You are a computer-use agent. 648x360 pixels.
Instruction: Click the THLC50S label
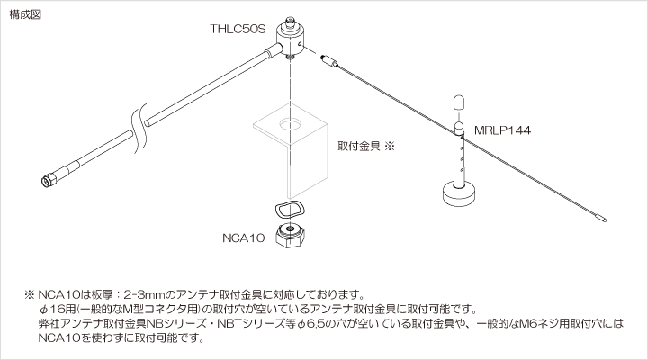click(238, 30)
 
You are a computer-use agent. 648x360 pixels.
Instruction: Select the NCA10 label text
click(244, 238)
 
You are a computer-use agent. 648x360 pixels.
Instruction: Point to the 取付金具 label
click(358, 145)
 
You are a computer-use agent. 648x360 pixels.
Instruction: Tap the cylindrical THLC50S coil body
click(294, 35)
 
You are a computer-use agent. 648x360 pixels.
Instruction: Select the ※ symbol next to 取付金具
click(390, 145)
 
